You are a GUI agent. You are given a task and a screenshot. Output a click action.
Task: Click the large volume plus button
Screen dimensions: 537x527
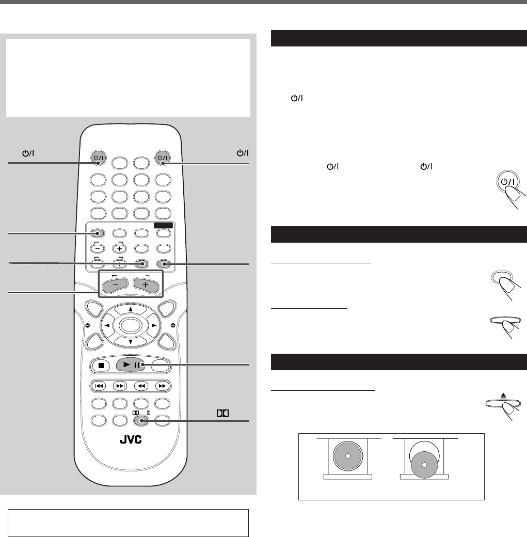coord(146,284)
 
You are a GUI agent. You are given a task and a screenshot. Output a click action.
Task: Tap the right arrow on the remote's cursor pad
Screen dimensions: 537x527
coord(154,326)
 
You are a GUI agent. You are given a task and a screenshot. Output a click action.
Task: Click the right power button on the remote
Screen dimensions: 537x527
coord(162,157)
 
